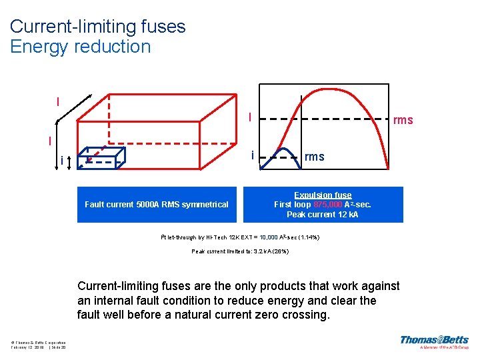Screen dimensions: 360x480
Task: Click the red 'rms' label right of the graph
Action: pyautogui.click(x=403, y=121)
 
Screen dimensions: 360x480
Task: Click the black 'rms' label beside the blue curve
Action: pyautogui.click(x=314, y=157)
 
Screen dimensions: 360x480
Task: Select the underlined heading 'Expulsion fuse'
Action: pyautogui.click(x=323, y=195)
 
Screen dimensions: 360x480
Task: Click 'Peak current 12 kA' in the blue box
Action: pyautogui.click(x=323, y=215)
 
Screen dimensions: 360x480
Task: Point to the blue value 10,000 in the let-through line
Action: pyautogui.click(x=269, y=237)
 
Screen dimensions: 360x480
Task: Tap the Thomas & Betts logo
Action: pyautogui.click(x=433, y=342)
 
